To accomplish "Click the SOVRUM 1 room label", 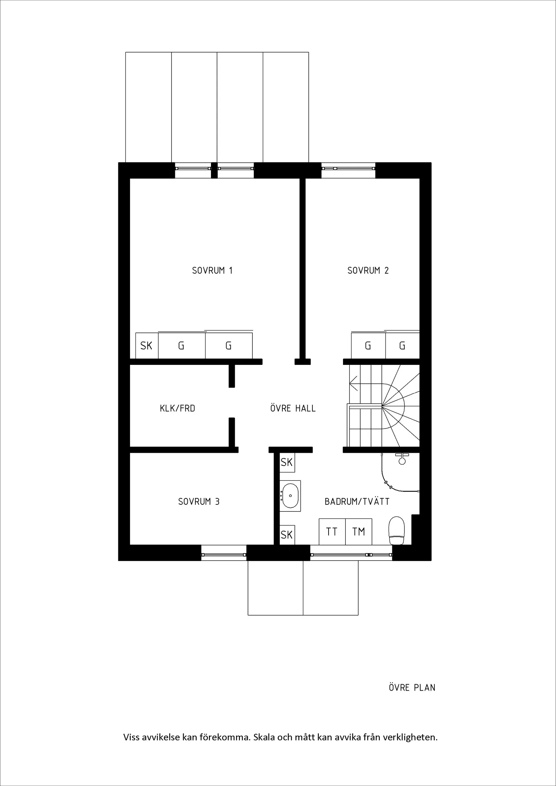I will click(x=212, y=271).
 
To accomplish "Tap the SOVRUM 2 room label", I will click(x=368, y=271).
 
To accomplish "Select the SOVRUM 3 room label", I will click(x=198, y=502).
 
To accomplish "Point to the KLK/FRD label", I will click(x=177, y=408).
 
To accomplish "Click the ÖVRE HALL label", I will click(x=293, y=408).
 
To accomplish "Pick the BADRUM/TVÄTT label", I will click(x=357, y=502).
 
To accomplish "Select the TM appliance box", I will click(x=359, y=532).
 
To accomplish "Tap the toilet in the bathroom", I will click(x=397, y=531).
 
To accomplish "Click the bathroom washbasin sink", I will click(x=290, y=496).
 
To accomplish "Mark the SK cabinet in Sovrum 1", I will click(x=147, y=346).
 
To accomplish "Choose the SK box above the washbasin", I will click(x=287, y=463).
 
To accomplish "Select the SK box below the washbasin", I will click(x=287, y=535).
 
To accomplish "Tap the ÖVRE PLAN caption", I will click(x=412, y=688).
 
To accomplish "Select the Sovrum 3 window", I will click(x=223, y=555).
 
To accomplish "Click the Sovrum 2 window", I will click(x=348, y=168).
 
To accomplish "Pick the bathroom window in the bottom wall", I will click(x=351, y=555).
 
